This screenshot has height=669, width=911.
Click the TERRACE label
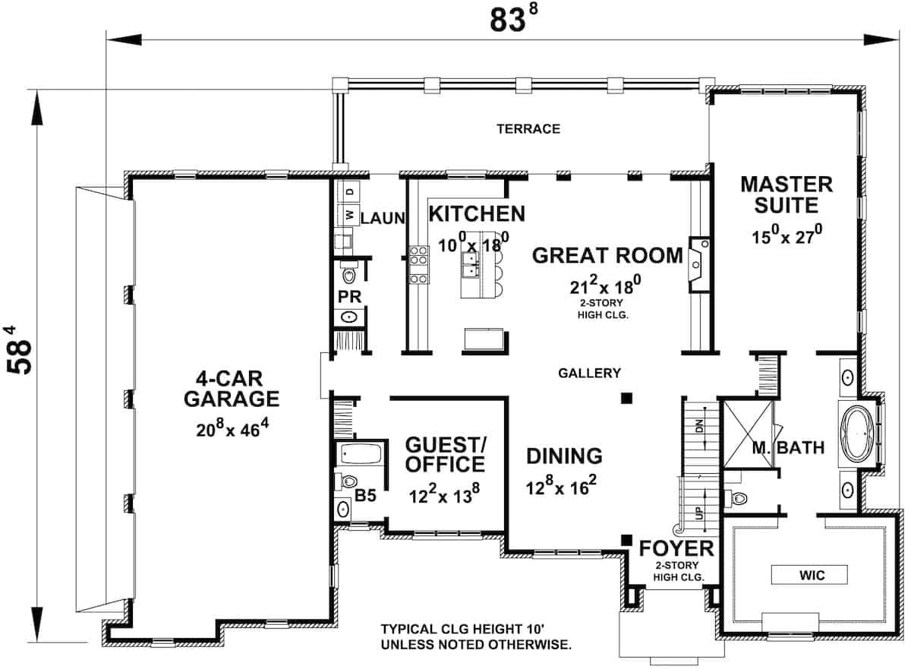(x=528, y=129)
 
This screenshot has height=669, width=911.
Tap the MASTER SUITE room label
(x=786, y=194)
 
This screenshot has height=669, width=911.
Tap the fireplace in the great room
(x=697, y=263)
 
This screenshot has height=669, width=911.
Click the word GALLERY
(x=589, y=373)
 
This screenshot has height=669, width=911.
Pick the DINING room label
(x=564, y=456)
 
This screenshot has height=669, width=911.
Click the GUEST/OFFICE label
(x=445, y=453)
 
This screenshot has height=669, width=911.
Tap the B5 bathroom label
(x=366, y=496)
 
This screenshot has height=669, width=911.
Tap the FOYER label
(x=676, y=548)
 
